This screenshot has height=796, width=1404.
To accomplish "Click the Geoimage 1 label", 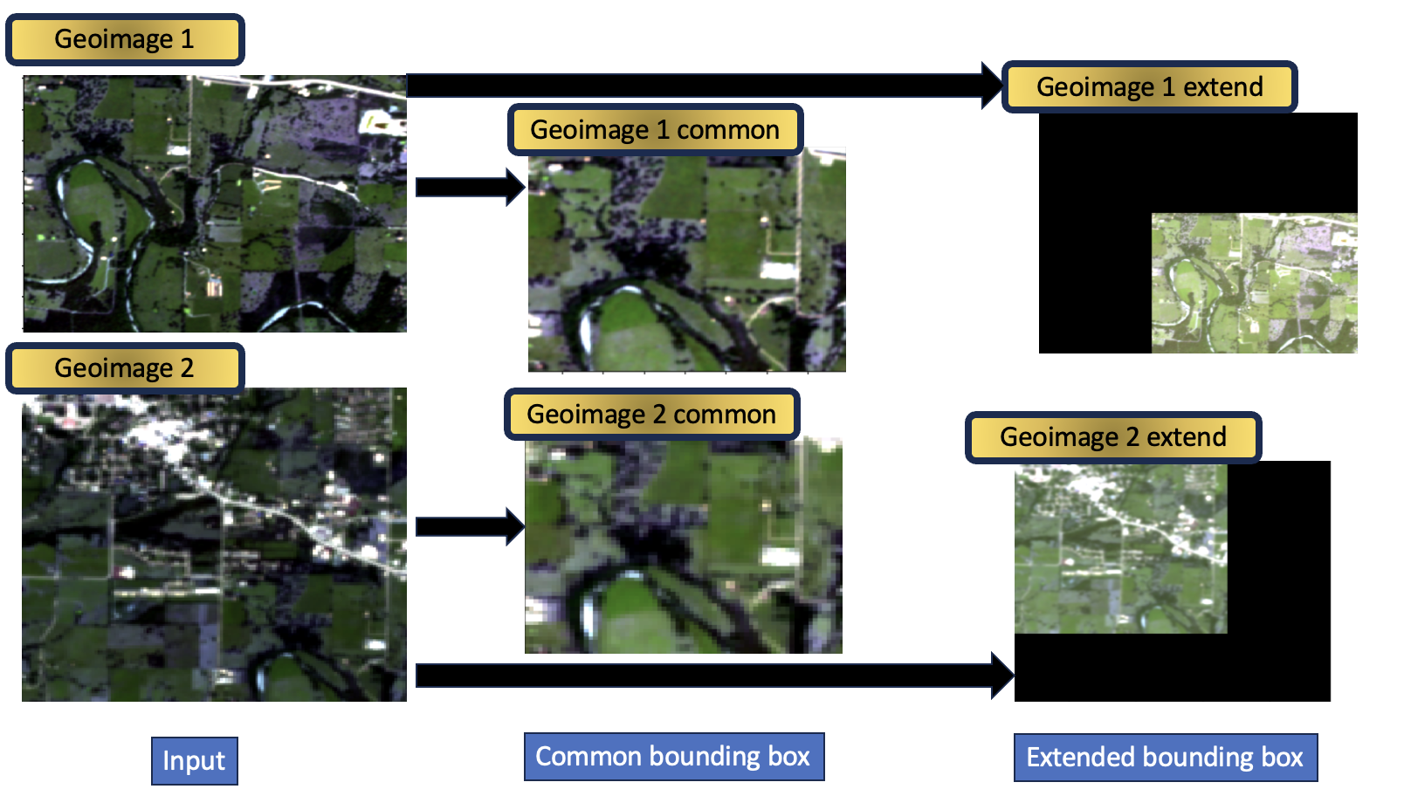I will click(125, 39).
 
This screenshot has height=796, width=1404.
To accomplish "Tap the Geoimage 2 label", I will click(125, 368).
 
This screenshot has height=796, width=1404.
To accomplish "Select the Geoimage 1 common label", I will click(655, 130).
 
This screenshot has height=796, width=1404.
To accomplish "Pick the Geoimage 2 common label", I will click(651, 415).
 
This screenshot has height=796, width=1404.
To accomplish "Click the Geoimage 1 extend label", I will click(1149, 87).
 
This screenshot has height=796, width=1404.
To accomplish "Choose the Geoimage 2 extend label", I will click(1113, 436).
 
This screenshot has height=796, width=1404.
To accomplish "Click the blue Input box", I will click(194, 761).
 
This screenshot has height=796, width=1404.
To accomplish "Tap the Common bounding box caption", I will click(673, 757).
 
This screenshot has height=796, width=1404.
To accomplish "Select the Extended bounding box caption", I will click(1165, 758).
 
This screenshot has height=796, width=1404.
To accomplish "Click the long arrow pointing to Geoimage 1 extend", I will click(699, 86).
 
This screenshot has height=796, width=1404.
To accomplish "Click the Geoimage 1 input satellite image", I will click(214, 204).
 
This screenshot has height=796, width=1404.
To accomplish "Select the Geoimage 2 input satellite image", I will click(214, 545).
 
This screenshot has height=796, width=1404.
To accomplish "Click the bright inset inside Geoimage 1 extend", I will click(1254, 284).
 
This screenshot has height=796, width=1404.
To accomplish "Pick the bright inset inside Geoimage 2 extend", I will click(1120, 549).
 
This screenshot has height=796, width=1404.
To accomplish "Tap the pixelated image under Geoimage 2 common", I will click(684, 546).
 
